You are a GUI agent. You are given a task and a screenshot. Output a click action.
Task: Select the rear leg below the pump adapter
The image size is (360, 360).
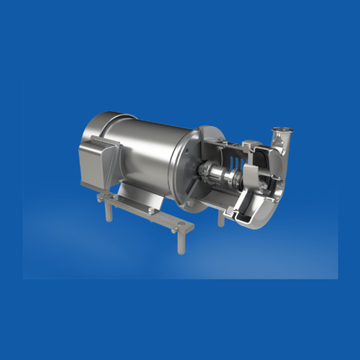(x=220, y=220)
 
